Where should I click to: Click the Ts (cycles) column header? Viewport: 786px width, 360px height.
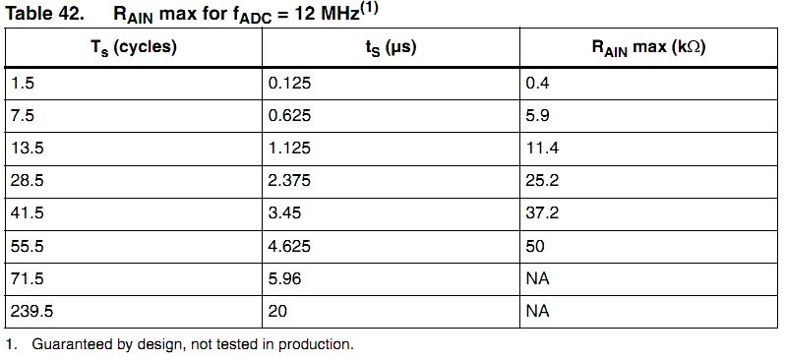click(134, 47)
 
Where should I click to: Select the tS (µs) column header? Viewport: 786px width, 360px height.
click(391, 48)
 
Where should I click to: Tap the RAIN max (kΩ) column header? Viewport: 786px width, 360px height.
click(648, 48)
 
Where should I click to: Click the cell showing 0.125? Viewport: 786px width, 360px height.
click(289, 83)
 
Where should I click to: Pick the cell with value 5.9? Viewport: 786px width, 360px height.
click(537, 115)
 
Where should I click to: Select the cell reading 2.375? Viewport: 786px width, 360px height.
click(289, 181)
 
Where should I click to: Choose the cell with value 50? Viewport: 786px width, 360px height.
click(535, 246)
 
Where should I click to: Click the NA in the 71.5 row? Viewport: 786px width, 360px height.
click(537, 278)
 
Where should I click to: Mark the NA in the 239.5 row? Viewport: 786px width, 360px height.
click(537, 312)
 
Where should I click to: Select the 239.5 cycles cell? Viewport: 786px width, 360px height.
click(31, 312)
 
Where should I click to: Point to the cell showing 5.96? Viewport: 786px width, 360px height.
click(284, 278)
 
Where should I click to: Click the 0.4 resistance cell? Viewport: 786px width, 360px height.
click(537, 83)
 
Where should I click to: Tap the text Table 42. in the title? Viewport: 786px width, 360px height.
click(43, 13)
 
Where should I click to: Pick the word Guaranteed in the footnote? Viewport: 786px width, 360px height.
click(71, 345)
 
